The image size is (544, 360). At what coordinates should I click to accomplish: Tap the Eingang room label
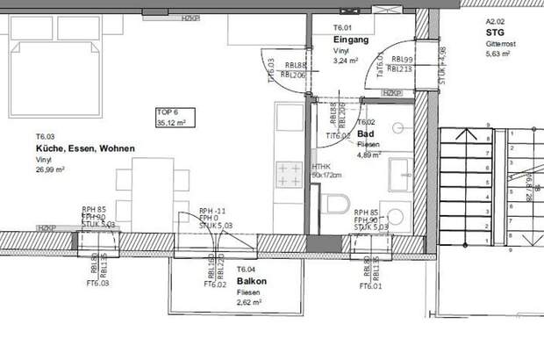tap(351, 40)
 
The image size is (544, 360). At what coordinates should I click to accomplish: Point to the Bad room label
tap(365, 133)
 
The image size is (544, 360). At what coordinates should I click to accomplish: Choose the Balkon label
tap(252, 282)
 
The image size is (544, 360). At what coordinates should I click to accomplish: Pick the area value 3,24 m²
tap(347, 61)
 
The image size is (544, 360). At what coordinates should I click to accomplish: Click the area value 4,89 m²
tap(369, 155)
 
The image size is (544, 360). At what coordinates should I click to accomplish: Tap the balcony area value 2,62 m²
tap(250, 303)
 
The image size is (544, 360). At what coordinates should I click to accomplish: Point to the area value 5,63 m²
tap(498, 54)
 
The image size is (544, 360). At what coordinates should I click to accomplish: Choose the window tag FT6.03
tap(97, 284)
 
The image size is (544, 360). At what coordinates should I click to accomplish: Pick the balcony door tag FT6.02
tap(216, 284)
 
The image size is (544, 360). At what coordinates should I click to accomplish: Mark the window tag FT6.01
tap(372, 284)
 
